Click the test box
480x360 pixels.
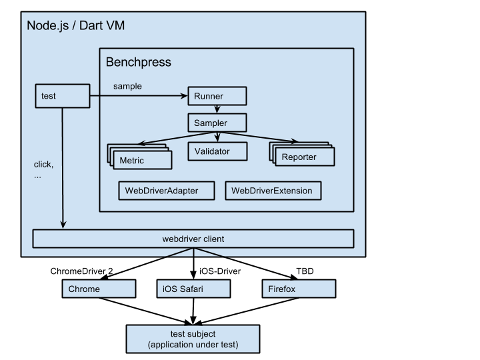[x=62, y=96]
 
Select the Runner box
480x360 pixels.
[x=217, y=96]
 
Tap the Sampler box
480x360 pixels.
[x=217, y=123]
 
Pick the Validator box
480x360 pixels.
[x=217, y=151]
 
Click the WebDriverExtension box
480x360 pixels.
[x=271, y=191]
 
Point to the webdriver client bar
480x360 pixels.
[x=193, y=239]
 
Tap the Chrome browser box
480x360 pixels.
[x=99, y=289]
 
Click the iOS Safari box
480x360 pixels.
[x=193, y=289]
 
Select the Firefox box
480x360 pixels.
[x=299, y=289]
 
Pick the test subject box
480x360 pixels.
[x=193, y=339]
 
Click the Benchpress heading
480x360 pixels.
[x=139, y=63]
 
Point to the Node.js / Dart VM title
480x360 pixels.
[x=75, y=26]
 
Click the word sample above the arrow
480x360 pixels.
[x=127, y=86]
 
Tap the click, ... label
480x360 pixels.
[x=43, y=170]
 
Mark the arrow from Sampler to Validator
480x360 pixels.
[x=217, y=136]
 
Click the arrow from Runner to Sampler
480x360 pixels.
[x=217, y=109]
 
